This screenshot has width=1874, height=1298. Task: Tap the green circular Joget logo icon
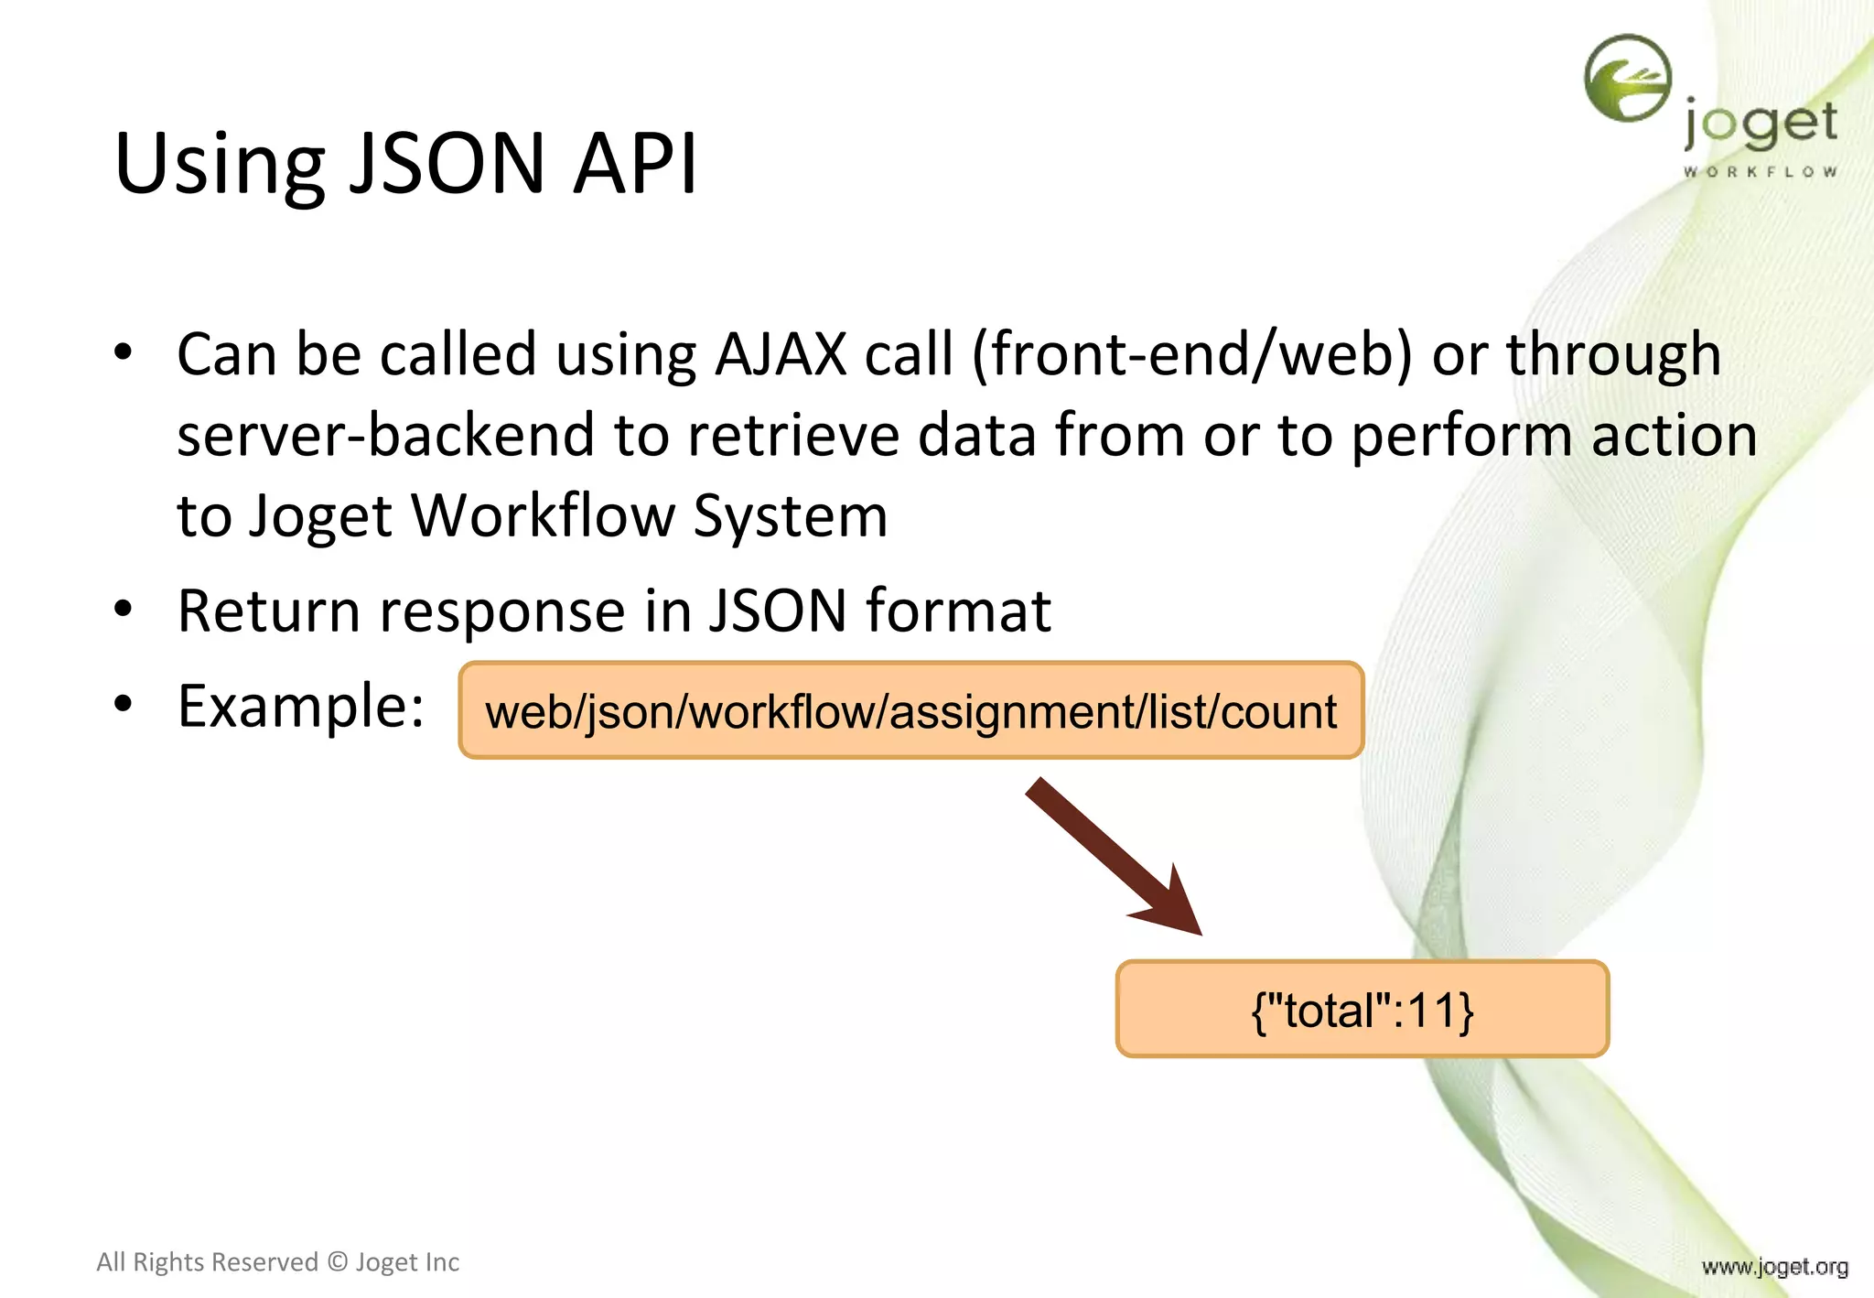click(x=1628, y=78)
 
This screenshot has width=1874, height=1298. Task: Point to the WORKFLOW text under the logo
click(x=1760, y=171)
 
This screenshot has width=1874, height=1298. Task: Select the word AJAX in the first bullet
click(x=781, y=354)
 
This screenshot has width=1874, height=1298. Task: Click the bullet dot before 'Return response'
click(x=124, y=609)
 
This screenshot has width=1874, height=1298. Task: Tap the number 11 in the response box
click(x=1433, y=1011)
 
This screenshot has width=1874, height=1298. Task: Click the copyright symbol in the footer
click(x=338, y=1262)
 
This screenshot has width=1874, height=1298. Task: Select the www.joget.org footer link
click(x=1774, y=1267)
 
